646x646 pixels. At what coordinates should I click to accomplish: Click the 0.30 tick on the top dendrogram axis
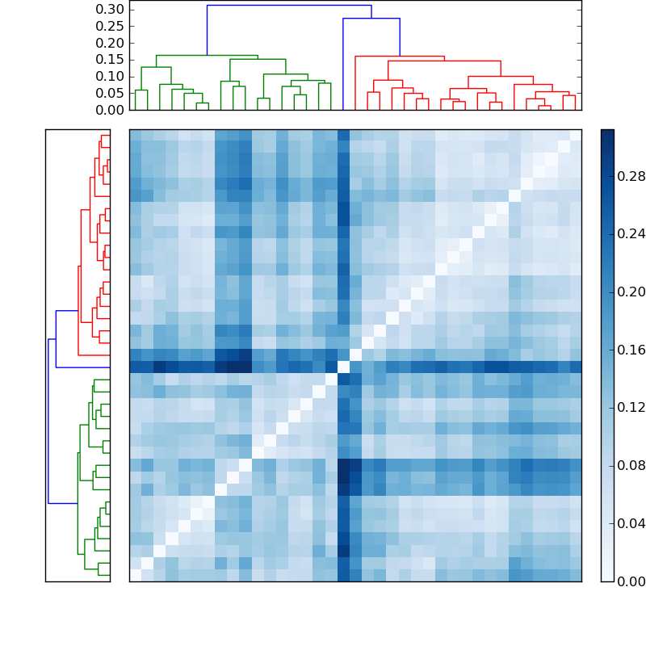(111, 10)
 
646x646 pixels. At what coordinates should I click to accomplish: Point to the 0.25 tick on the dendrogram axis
(111, 27)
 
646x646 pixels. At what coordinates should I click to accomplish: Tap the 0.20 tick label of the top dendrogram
(111, 43)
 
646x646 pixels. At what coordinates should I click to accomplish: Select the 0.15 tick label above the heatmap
(111, 60)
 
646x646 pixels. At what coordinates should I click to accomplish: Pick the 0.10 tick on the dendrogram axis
(111, 77)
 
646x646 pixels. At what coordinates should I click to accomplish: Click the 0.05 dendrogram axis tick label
(111, 93)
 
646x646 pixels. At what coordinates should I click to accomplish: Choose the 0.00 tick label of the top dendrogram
(111, 110)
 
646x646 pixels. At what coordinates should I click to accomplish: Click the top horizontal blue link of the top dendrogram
(289, 6)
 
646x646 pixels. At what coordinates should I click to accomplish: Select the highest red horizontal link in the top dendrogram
(400, 57)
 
